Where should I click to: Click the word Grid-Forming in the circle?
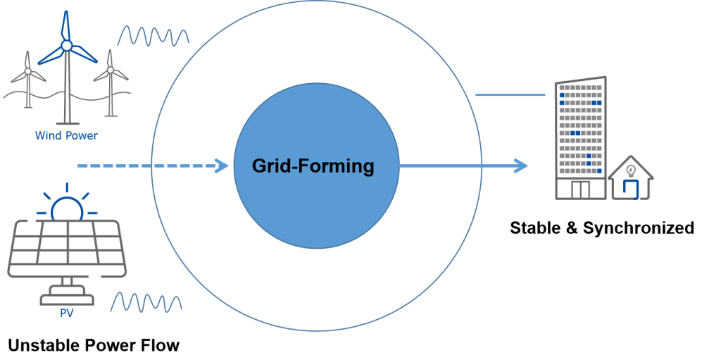click(313, 167)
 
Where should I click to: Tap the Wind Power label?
click(66, 135)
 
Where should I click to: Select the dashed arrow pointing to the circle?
click(148, 166)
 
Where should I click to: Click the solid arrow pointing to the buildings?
click(461, 166)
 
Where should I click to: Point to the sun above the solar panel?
click(67, 208)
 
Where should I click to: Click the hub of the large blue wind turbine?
click(67, 46)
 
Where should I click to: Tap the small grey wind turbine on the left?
click(27, 77)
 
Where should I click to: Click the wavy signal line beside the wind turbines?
click(153, 35)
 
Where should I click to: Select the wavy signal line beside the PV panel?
click(146, 302)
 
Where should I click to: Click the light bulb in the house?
click(631, 170)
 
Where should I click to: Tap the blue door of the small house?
click(631, 190)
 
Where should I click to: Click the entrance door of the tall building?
click(580, 189)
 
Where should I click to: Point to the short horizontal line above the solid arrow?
click(510, 95)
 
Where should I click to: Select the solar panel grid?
click(67, 247)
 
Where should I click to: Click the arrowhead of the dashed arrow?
click(224, 166)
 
